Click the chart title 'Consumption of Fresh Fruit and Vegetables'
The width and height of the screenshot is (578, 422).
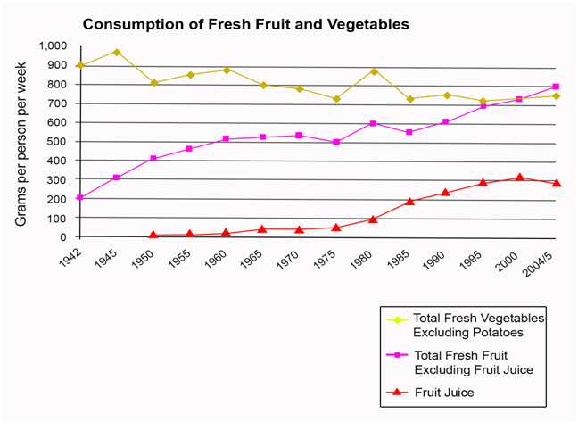[x=245, y=24]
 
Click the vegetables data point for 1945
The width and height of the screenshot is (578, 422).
[x=117, y=52]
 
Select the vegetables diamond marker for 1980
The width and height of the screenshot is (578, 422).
[x=373, y=71]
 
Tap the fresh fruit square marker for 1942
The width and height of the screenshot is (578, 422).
[x=80, y=197]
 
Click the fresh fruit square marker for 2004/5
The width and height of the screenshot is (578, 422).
[x=556, y=87]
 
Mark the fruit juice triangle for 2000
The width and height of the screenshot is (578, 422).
[x=519, y=178]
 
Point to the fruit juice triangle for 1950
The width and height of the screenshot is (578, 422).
[x=153, y=235]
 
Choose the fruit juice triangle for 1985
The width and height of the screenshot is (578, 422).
[x=409, y=202]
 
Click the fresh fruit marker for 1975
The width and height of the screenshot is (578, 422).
[x=336, y=142]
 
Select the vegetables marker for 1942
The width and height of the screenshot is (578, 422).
[x=80, y=65]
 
